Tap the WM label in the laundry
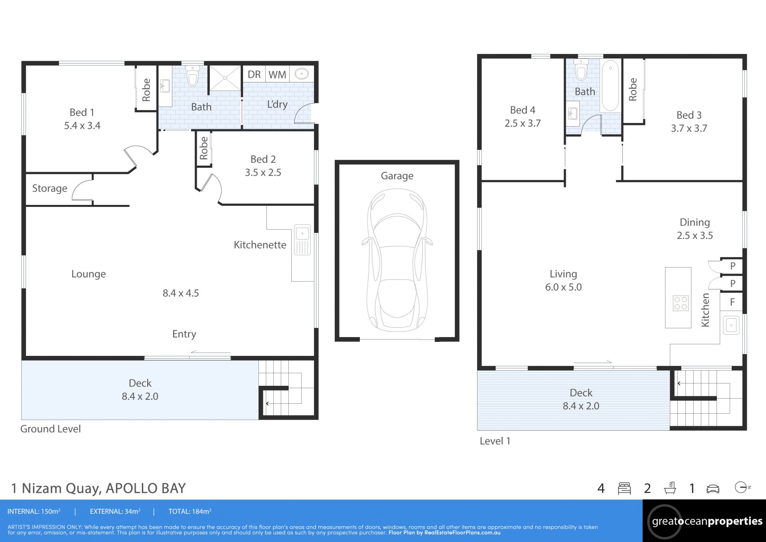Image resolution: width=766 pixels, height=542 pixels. click(277, 75)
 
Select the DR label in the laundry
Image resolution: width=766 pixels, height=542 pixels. click(254, 75)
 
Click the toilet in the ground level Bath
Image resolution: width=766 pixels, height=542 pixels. click(193, 75)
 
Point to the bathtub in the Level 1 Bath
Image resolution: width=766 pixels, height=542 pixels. click(610, 85)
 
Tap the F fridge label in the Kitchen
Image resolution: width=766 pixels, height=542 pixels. click(732, 302)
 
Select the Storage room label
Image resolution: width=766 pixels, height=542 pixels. click(49, 189)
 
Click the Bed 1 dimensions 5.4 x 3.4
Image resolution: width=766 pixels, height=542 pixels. click(82, 126)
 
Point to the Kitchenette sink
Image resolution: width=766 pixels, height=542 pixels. click(302, 240)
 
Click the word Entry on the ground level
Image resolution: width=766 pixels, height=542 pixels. click(184, 334)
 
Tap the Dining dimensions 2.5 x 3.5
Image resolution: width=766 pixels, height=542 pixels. click(695, 236)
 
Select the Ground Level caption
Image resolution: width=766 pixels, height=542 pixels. click(50, 429)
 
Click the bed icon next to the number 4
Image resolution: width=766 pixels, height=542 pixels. click(624, 488)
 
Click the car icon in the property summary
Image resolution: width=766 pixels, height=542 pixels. click(713, 489)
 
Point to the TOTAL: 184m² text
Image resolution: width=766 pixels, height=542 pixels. click(190, 512)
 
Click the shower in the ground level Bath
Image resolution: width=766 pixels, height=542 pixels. click(225, 78)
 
